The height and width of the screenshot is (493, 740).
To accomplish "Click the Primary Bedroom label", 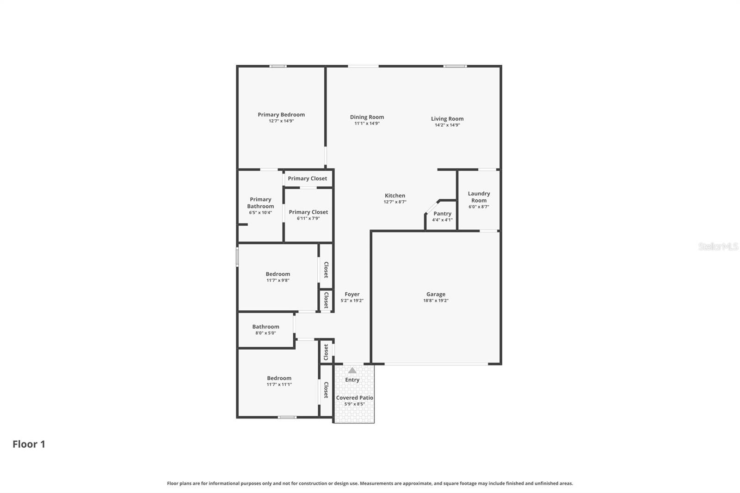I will (x=281, y=115).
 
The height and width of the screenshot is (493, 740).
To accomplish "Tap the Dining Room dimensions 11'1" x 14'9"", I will (x=367, y=123).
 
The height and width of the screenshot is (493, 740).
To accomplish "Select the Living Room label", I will (x=447, y=119).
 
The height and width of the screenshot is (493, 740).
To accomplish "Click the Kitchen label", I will (x=395, y=196).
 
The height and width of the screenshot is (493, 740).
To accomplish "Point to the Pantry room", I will (x=442, y=216).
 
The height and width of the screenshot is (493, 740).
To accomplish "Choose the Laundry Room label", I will (x=479, y=197).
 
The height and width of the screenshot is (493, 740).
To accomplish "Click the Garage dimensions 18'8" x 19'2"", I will (x=436, y=301).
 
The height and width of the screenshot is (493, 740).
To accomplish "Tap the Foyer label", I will (x=352, y=294).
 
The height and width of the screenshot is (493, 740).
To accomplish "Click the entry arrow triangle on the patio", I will (x=352, y=370).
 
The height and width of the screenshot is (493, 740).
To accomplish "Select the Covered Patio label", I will (x=354, y=398).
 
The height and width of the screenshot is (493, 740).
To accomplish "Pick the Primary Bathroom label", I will (x=260, y=203).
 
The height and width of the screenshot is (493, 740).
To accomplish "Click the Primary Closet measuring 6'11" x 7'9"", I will (x=308, y=215).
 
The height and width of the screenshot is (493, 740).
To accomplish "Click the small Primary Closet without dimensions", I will (x=307, y=179).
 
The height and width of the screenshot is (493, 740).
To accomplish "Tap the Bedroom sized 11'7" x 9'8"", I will (x=277, y=277).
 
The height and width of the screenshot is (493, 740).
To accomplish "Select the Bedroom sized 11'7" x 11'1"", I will (x=279, y=381).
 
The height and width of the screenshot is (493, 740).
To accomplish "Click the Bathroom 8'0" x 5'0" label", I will (x=265, y=327).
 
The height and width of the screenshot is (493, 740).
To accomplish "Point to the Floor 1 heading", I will (x=29, y=444).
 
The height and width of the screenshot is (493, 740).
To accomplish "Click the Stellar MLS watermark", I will (x=718, y=246).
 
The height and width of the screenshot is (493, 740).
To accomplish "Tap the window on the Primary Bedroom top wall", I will (x=278, y=66).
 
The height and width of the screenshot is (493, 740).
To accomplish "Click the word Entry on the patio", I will (x=352, y=380).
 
